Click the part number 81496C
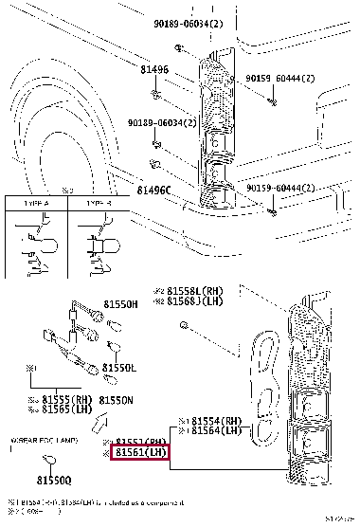pyautogui.click(x=153, y=191)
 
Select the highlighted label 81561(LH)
pyautogui.click(x=141, y=454)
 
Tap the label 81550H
pyautogui.click(x=119, y=304)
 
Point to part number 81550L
pyautogui.click(x=119, y=367)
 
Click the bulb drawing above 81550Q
pyautogui.click(x=42, y=462)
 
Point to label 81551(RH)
pyautogui.click(x=141, y=443)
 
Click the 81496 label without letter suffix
pyautogui.click(x=127, y=69)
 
